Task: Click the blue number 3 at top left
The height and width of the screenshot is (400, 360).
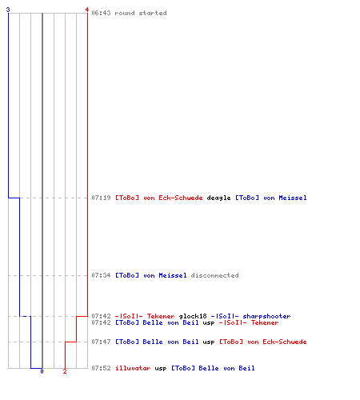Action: point(8,10)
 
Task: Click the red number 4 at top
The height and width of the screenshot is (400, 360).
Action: point(87,10)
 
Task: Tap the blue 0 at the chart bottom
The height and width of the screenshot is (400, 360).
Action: point(42,371)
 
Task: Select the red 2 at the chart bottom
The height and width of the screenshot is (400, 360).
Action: point(65,371)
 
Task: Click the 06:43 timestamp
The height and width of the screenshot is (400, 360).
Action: point(101,13)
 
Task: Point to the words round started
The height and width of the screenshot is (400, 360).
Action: point(141,13)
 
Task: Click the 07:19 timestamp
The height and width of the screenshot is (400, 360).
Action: point(101,198)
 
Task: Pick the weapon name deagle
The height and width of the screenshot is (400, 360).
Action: point(218,198)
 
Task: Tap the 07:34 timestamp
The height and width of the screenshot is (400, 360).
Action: point(101,275)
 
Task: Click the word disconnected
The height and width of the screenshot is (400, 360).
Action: point(214,275)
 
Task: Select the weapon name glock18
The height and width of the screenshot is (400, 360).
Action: point(193,316)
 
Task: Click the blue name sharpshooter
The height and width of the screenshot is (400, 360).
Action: point(266,316)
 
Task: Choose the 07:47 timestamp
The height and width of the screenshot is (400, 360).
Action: point(101,342)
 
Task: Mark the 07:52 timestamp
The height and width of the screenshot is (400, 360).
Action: point(101,368)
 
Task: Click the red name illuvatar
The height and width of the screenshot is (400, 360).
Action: point(133,368)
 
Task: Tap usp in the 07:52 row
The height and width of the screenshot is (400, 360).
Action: point(161,369)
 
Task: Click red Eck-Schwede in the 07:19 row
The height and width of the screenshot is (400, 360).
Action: point(181,198)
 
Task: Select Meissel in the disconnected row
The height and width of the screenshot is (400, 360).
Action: point(173,275)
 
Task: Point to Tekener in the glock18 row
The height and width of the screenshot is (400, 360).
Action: point(161,316)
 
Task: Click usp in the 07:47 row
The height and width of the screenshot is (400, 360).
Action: point(209,342)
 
